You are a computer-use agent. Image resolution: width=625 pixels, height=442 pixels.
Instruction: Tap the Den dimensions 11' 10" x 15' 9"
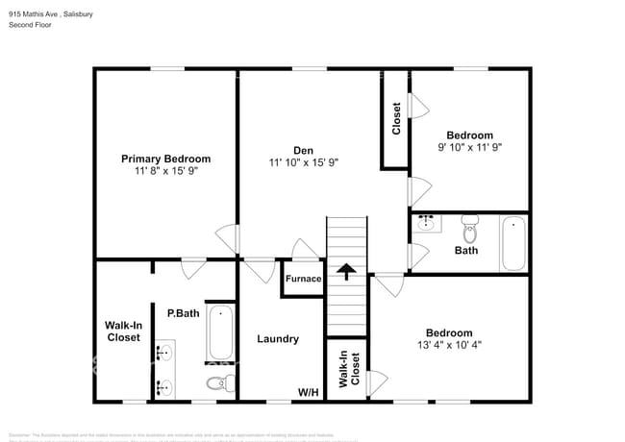click(x=304, y=162)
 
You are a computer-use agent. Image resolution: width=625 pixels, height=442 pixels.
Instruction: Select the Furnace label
click(x=302, y=279)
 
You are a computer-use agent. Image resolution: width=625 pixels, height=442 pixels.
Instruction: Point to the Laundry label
click(x=278, y=339)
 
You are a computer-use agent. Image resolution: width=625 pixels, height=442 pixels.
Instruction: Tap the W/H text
click(x=308, y=392)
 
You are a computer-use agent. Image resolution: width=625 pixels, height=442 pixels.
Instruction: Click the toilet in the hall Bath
click(x=470, y=232)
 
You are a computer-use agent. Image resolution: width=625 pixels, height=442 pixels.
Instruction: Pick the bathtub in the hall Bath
click(x=514, y=244)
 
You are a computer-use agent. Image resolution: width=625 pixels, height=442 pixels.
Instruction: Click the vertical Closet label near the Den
click(x=396, y=118)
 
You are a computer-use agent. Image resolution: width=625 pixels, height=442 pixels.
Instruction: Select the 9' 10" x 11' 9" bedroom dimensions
click(x=470, y=148)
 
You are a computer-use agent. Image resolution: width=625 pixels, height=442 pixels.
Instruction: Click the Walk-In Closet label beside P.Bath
click(x=122, y=331)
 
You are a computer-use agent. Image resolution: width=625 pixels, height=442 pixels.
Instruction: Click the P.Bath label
click(x=183, y=313)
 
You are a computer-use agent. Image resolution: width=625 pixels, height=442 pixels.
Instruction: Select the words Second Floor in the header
click(x=31, y=24)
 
